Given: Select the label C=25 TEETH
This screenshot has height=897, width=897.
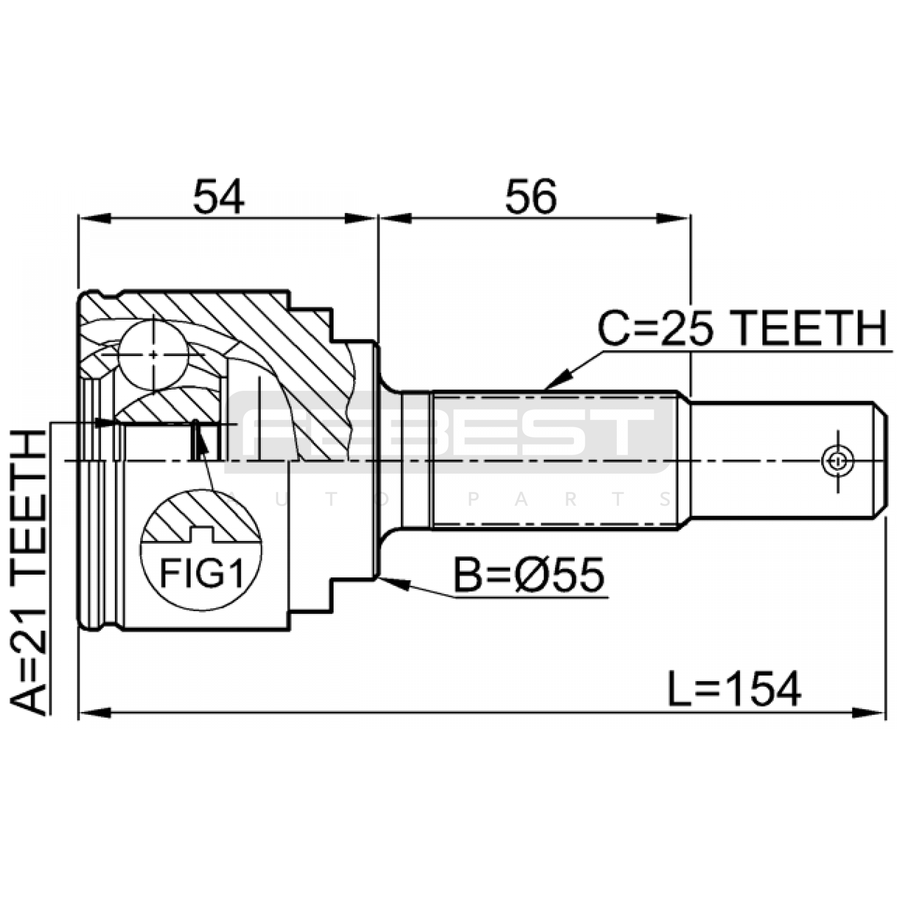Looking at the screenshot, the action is click(743, 329).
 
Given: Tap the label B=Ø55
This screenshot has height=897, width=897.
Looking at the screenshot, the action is click(529, 575).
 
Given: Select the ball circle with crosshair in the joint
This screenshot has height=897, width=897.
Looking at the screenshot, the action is click(153, 355).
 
